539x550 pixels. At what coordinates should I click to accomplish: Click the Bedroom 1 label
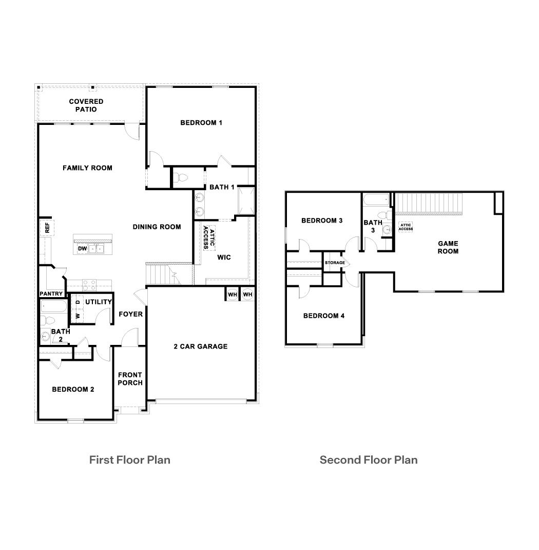201,123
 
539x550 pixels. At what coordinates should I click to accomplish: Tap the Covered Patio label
86,105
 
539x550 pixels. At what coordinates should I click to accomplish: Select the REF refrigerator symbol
47,228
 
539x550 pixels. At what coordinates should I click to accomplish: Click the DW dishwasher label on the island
82,249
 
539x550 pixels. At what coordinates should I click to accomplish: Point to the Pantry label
51,294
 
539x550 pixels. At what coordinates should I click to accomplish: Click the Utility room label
98,302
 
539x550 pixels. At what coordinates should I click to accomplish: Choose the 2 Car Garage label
200,346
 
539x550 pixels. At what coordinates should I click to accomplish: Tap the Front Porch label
130,379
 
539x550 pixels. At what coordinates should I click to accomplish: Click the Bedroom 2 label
73,389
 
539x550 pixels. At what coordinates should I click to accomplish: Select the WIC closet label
224,257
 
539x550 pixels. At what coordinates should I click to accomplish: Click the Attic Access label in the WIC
208,237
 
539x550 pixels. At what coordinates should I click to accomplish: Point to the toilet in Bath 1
181,178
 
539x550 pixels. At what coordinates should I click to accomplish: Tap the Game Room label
448,247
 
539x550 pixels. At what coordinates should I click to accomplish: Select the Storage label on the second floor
335,263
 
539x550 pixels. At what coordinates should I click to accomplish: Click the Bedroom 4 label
323,316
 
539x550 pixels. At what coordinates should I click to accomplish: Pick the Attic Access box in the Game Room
406,227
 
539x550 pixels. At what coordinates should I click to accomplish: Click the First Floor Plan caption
129,460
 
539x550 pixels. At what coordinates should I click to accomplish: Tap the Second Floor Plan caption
368,460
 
